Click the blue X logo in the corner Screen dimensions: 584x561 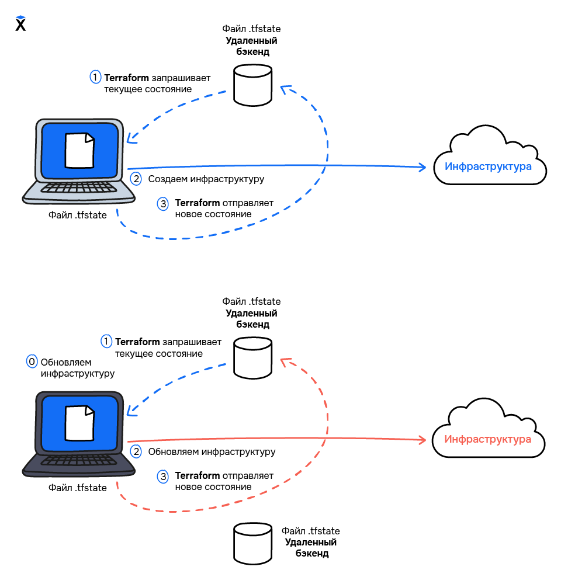pos(20,24)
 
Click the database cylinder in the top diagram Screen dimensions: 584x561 pos(252,85)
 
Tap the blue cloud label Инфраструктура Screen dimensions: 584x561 pos(488,166)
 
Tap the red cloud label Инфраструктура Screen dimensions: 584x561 pos(488,439)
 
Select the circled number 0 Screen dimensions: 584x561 pos(32,361)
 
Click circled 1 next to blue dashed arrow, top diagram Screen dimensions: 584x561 pos(95,77)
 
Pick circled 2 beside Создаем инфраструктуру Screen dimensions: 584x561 pos(136,179)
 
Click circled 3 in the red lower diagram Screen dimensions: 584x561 pos(163,477)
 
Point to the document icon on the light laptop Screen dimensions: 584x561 pos(79,151)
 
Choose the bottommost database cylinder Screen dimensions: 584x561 pos(252,542)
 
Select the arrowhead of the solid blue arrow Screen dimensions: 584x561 pos(423,168)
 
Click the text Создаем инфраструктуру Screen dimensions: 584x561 pos(206,179)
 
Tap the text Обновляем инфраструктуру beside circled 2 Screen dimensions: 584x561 pos(212,451)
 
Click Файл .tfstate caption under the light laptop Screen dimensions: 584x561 pos(77,215)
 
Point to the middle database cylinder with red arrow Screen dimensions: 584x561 pos(252,357)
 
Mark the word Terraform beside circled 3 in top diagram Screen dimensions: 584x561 pos(198,203)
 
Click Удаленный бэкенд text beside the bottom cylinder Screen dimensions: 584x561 pos(311,548)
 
